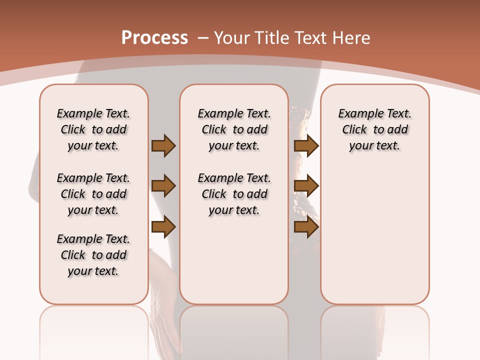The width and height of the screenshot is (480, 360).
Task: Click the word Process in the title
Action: point(154,37)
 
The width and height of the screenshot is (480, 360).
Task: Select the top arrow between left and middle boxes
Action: point(163,145)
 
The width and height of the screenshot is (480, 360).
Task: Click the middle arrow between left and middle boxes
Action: point(163,186)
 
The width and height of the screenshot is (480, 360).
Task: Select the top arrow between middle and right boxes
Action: point(306,145)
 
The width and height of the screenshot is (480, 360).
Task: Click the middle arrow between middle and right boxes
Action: point(306,186)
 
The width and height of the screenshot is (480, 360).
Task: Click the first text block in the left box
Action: point(93,129)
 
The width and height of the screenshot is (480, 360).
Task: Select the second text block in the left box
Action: point(93,194)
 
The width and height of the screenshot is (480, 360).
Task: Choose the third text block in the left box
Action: point(93,255)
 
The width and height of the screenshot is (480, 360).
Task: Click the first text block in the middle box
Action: point(234,129)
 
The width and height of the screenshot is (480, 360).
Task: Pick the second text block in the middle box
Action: point(234,194)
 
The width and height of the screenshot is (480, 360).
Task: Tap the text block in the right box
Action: point(375,129)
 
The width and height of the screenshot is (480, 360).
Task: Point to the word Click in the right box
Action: point(354,130)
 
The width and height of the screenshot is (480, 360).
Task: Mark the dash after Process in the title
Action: point(203,38)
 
